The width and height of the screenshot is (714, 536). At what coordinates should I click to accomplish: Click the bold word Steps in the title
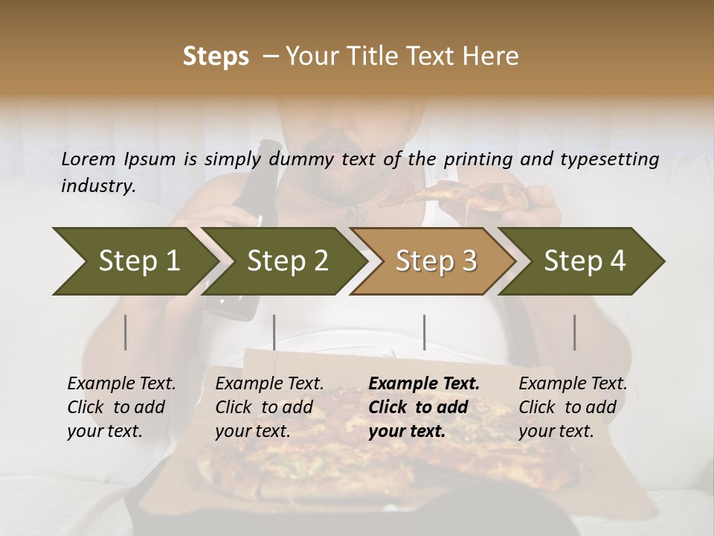(216, 57)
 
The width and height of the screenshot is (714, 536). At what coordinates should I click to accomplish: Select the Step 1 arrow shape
(134, 261)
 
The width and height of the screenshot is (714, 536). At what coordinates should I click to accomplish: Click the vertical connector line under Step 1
(126, 332)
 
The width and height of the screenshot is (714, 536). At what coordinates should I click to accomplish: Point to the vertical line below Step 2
(274, 332)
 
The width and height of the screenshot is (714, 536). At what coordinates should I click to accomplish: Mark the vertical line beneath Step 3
(424, 332)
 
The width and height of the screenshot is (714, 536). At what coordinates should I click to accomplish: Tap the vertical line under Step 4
(574, 332)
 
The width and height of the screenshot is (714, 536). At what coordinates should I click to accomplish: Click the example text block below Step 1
(121, 407)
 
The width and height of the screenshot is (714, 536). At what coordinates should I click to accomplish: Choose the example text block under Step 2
(269, 407)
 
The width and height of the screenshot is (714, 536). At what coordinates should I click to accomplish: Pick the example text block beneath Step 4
(573, 407)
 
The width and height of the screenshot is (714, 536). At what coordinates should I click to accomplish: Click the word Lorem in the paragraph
(89, 159)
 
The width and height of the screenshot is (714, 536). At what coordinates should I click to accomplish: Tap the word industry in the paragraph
(97, 186)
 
